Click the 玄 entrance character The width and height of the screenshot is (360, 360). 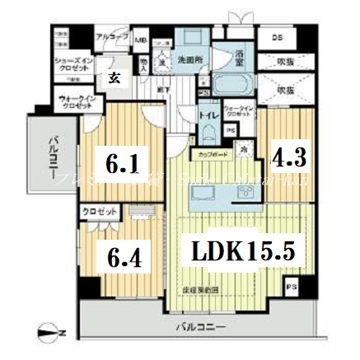(x=110, y=77)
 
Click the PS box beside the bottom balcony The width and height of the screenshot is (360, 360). (x=290, y=288)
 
